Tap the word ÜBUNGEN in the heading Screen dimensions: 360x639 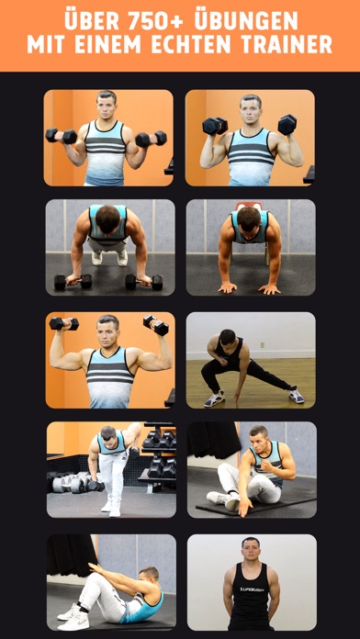pyautogui.click(x=246, y=20)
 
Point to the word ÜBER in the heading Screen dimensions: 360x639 pyautogui.click(x=93, y=20)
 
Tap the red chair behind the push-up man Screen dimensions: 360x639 pyautogui.click(x=249, y=206)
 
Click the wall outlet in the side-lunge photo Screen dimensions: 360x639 pyautogui.click(x=263, y=345)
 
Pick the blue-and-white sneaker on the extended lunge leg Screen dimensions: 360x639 pyautogui.click(x=297, y=396)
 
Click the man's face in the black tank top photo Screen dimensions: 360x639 pyautogui.click(x=251, y=548)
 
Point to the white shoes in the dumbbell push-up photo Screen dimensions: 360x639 pyautogui.click(x=109, y=258)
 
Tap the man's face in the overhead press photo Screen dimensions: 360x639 pyautogui.click(x=108, y=331)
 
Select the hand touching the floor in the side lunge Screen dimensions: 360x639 pyautogui.click(x=237, y=396)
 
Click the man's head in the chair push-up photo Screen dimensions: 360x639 pyautogui.click(x=249, y=219)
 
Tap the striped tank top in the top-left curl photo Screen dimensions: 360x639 pyautogui.click(x=106, y=152)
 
